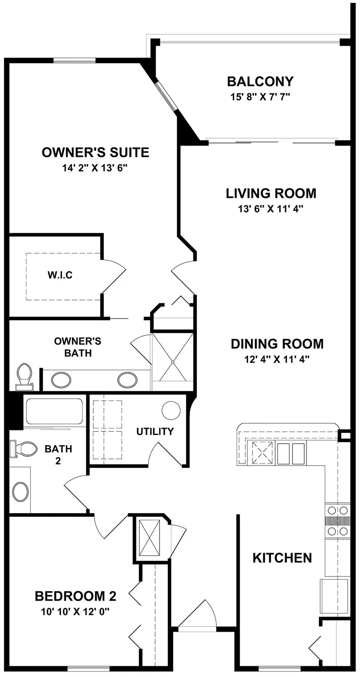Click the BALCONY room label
tap(260, 81)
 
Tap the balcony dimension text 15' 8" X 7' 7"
tap(260, 97)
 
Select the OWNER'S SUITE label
tap(95, 152)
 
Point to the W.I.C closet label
tap(60, 275)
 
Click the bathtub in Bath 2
tap(54, 412)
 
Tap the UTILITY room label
tap(155, 431)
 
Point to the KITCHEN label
tap(282, 558)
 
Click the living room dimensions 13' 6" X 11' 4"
tap(270, 209)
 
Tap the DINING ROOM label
tap(277, 344)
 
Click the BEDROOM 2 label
tap(75, 596)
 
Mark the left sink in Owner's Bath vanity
tap(61, 380)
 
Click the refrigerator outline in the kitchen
tap(334, 596)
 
